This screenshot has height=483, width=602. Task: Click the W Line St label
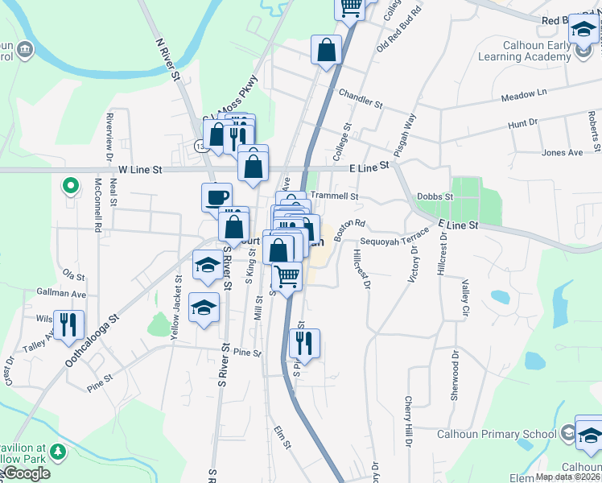click(140, 170)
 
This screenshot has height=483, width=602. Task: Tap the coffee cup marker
click(216, 196)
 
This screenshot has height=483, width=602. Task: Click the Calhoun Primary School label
click(496, 435)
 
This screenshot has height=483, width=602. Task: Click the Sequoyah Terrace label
click(395, 240)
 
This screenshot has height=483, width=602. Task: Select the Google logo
click(27, 473)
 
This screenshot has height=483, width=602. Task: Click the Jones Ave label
click(562, 152)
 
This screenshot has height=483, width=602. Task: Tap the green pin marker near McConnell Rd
click(71, 187)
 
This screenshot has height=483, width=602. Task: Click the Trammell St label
click(333, 196)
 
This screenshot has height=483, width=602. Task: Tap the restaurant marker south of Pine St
click(304, 343)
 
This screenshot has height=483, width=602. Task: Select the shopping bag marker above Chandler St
click(326, 51)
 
